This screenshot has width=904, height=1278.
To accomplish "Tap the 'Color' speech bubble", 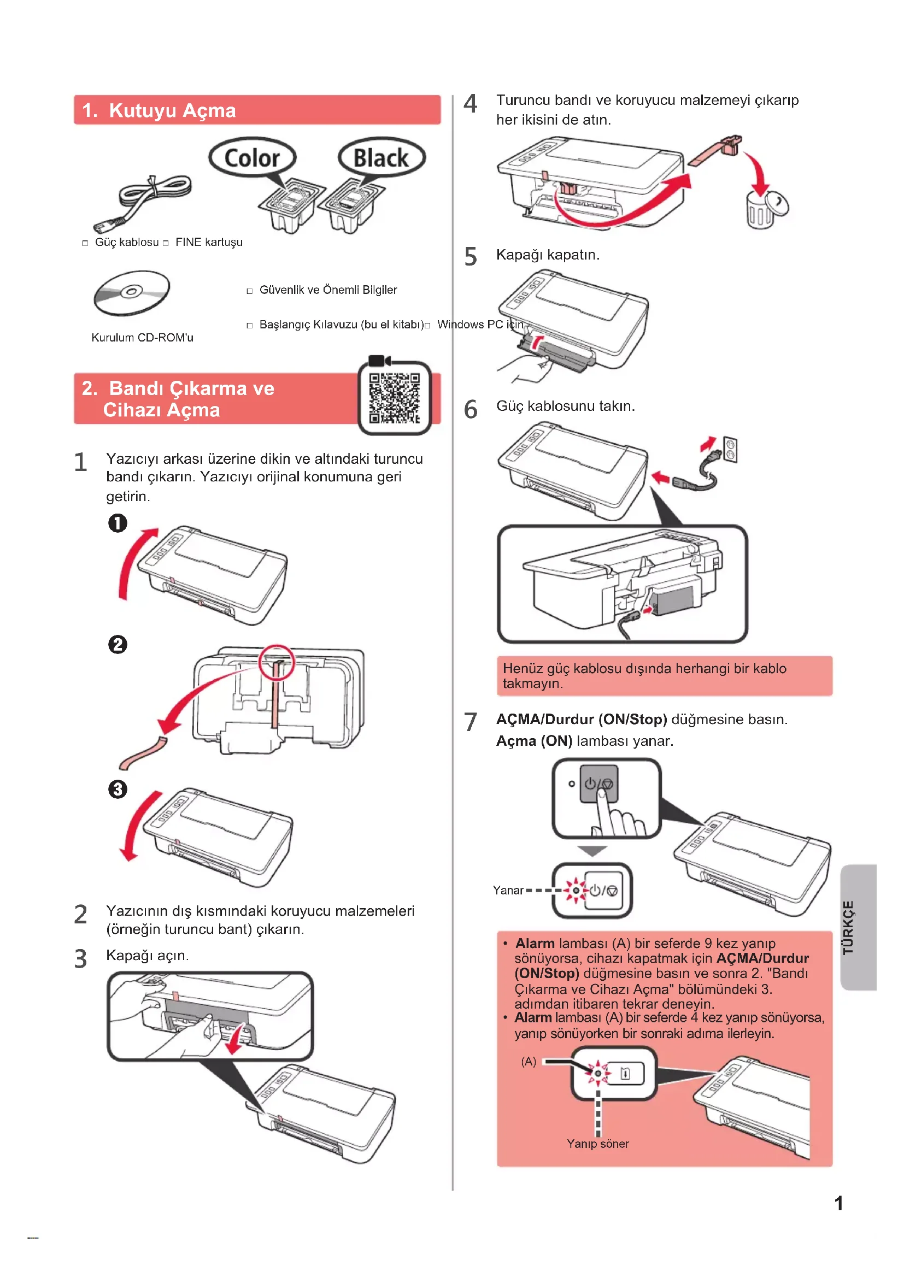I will click(252, 157).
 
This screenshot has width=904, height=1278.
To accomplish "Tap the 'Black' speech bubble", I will click(381, 157).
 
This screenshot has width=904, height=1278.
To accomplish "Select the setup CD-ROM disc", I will click(131, 292).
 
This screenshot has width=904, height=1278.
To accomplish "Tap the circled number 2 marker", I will click(118, 645).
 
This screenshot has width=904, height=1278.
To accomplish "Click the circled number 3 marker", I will click(118, 790).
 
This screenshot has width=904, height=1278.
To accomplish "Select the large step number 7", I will click(471, 722).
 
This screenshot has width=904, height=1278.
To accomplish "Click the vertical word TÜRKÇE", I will click(848, 927).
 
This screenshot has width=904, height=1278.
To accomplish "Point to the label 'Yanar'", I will click(508, 891).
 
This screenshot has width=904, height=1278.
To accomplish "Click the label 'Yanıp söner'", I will click(598, 1144).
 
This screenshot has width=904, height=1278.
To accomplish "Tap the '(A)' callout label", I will click(529, 1062).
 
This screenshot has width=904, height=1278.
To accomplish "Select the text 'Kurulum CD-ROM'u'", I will click(143, 338).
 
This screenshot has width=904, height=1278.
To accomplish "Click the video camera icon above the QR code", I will click(380, 360).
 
